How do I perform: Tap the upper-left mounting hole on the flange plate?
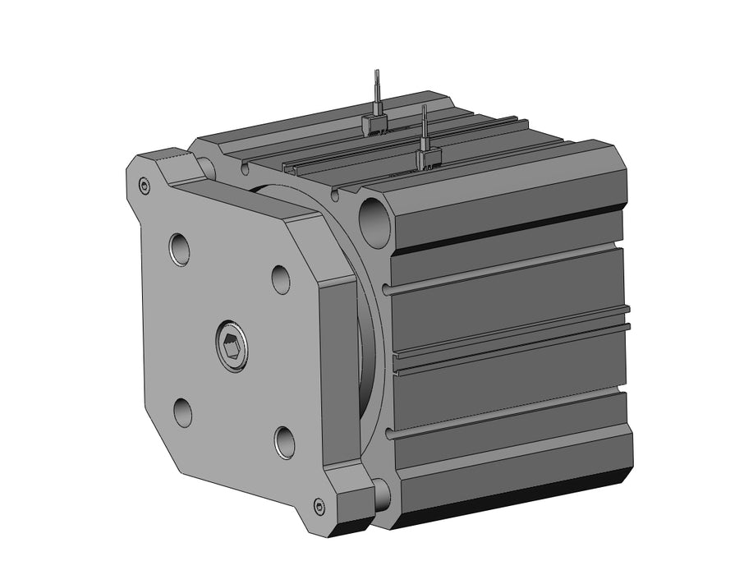click(180, 249)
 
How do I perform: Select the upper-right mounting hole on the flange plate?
click(281, 278)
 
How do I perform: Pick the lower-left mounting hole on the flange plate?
click(182, 411)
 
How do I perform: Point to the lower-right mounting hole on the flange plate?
click(284, 442)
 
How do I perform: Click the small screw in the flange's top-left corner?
click(145, 186)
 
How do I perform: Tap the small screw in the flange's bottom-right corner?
click(319, 505)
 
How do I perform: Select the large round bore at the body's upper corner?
click(376, 219)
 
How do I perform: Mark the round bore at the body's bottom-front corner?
click(381, 494)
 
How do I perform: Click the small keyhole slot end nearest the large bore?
click(334, 195)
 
